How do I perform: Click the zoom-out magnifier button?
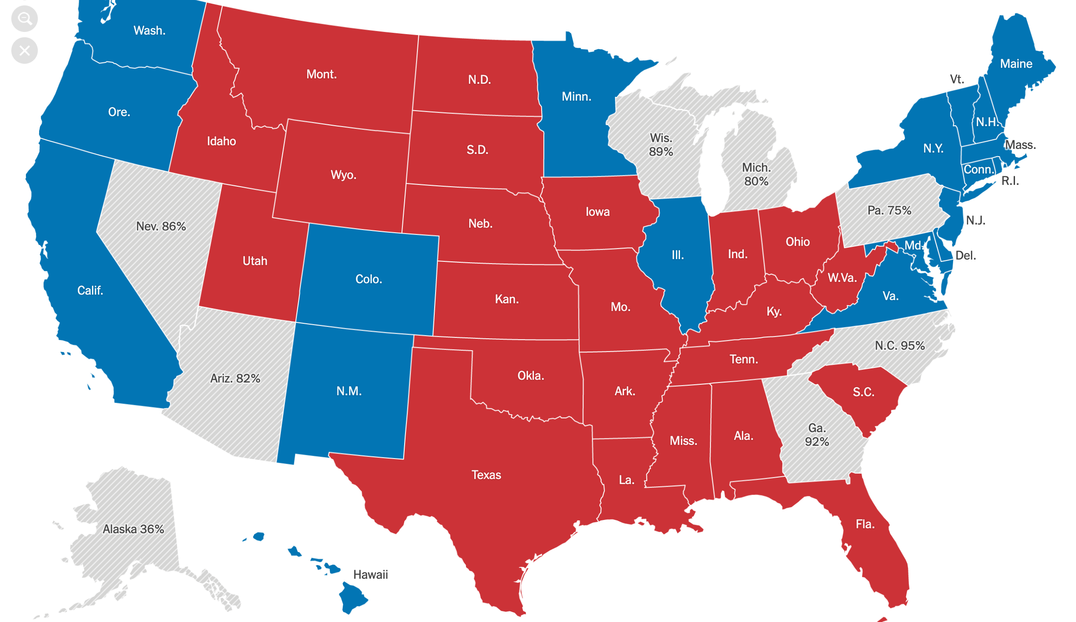(24, 19)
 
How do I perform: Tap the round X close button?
(24, 51)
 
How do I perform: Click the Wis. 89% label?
(661, 145)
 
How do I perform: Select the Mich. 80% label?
(756, 174)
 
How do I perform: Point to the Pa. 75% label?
(889, 210)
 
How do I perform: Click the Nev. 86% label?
(161, 226)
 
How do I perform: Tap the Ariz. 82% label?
(235, 378)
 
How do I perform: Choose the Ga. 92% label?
(817, 435)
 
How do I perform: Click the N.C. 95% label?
(899, 346)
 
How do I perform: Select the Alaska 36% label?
(133, 529)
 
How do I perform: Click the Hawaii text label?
(371, 575)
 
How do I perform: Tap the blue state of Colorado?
(368, 279)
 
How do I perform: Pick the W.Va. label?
(842, 278)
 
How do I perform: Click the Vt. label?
(957, 79)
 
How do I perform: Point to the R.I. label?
(1010, 181)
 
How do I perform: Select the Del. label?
(965, 255)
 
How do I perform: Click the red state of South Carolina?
(863, 392)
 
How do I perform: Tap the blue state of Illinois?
(678, 255)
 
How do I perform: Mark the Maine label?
(1016, 64)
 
